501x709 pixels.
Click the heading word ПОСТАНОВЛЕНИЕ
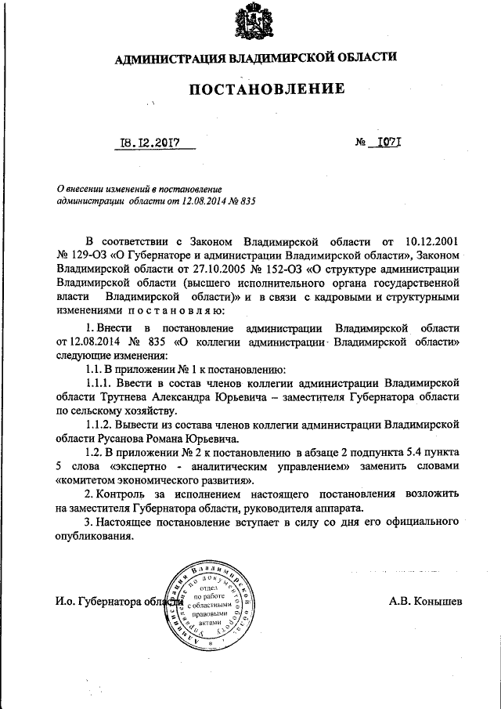pyautogui.click(x=267, y=89)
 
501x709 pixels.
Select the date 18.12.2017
pyautogui.click(x=146, y=143)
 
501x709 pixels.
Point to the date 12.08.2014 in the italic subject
pyautogui.click(x=204, y=201)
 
